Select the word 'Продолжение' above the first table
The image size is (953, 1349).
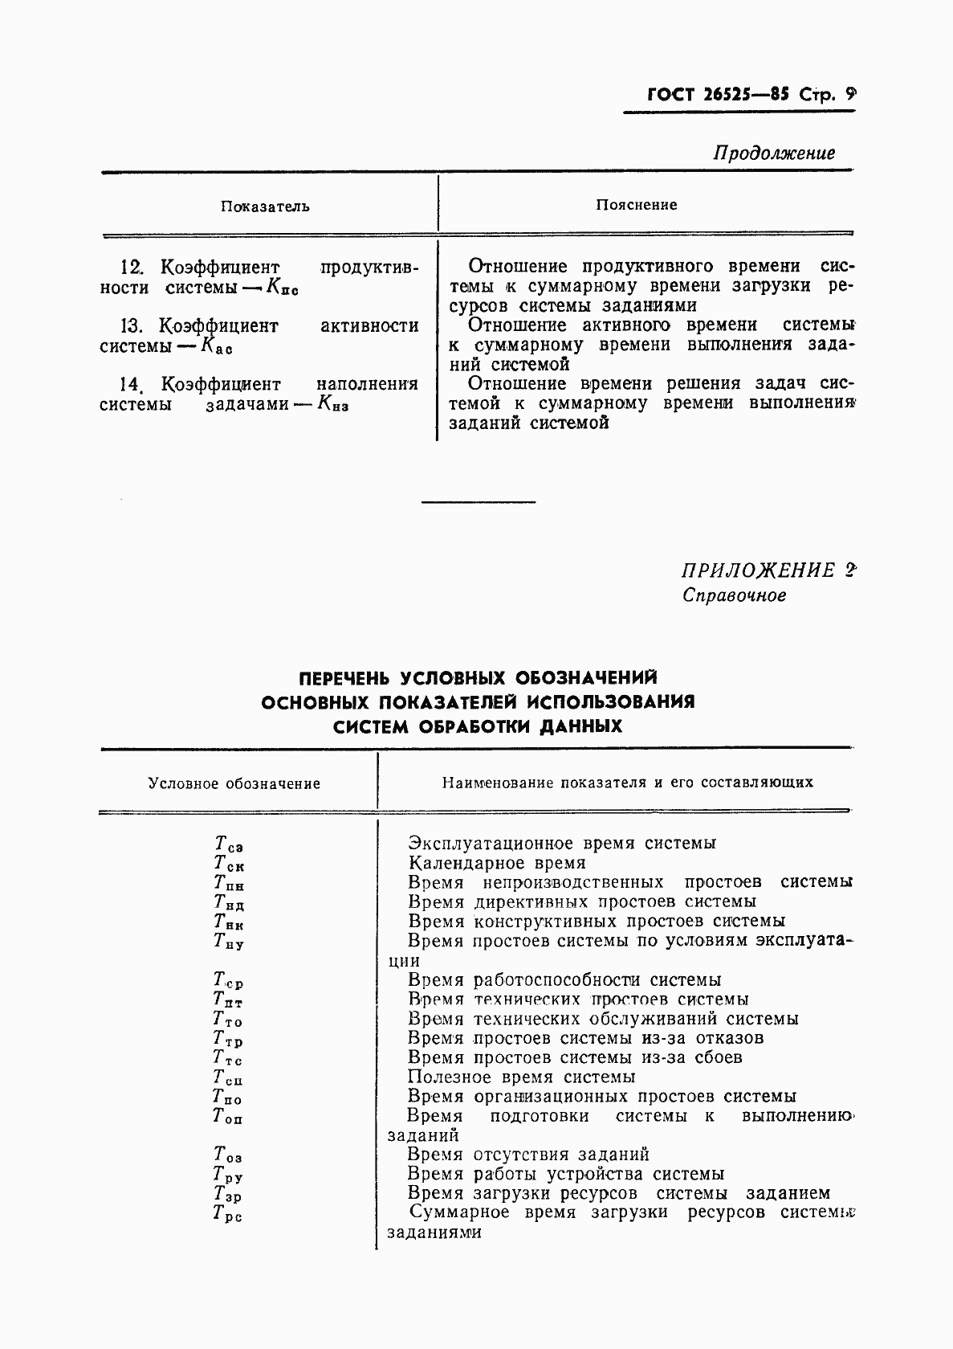pos(774,153)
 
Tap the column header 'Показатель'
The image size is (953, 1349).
pos(265,206)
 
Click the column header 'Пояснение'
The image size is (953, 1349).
pos(637,205)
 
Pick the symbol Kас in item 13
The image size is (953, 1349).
pos(216,347)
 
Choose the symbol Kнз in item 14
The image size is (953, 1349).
pos(332,405)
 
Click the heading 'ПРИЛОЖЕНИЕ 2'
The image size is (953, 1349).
pos(768,570)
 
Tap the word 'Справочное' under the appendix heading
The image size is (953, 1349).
pos(734,595)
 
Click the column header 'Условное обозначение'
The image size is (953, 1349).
pos(234,783)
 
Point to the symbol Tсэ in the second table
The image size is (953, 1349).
pos(228,844)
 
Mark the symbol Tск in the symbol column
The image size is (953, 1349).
pos(228,864)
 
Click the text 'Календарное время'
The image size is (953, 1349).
pos(497,863)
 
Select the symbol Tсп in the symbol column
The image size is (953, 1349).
pos(227,1078)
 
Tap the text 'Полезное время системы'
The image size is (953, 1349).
pos(521,1077)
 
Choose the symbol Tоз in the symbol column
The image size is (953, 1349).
pos(227,1156)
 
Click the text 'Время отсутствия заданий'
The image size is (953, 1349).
pos(527,1155)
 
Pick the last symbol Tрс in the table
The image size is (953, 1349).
pos(227,1214)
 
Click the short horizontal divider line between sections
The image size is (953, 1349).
pos(479,502)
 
